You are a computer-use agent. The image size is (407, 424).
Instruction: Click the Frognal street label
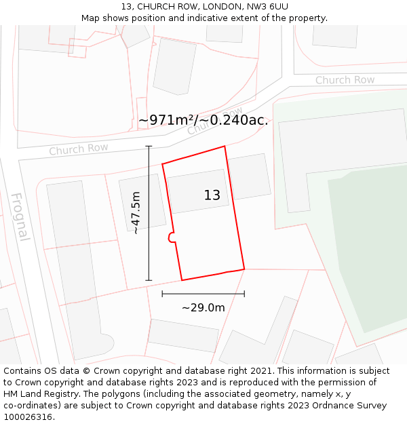click(20, 217)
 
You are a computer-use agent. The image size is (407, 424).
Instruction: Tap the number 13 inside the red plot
click(212, 195)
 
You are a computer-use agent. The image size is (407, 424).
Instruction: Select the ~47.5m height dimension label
click(136, 213)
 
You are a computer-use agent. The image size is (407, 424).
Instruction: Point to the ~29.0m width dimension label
click(203, 307)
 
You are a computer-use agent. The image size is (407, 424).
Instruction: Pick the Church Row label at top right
click(345, 80)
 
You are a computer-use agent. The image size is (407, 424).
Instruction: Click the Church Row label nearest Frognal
click(78, 149)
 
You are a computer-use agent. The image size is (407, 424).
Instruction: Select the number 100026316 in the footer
click(26, 417)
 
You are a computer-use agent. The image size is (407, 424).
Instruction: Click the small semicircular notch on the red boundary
click(170, 237)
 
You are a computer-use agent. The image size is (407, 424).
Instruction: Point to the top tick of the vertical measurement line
click(149, 146)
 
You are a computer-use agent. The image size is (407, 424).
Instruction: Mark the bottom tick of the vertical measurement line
click(149, 280)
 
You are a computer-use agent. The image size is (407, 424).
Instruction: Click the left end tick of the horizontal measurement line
click(162, 294)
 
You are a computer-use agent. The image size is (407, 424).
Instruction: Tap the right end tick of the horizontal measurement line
click(244, 294)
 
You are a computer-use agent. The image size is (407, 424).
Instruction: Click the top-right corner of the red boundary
click(225, 146)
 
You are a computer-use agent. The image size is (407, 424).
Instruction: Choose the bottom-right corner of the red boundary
click(244, 269)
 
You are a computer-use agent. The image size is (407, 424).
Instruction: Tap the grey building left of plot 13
click(142, 201)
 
